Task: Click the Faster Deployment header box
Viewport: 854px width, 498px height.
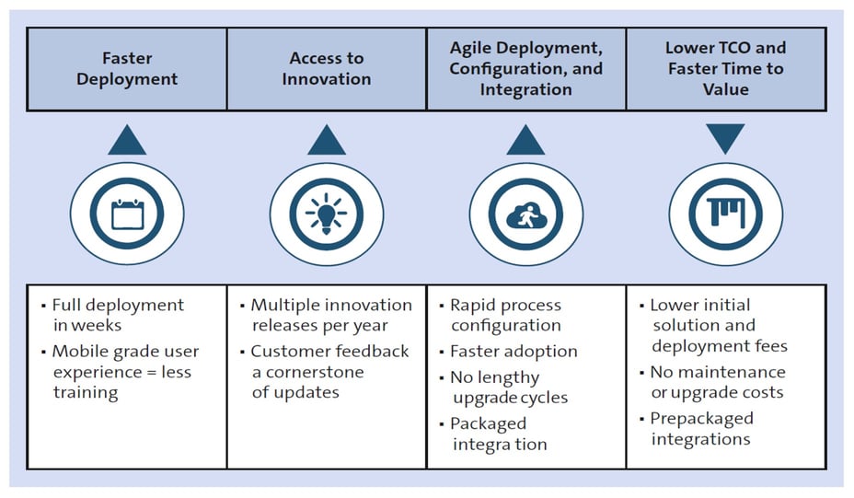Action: [x=126, y=68]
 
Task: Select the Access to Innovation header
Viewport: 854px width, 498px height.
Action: [x=326, y=68]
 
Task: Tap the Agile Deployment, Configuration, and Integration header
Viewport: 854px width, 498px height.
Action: [x=525, y=68]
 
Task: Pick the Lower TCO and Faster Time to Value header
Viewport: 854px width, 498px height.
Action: [x=726, y=68]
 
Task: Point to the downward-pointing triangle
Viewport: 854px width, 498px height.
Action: [x=726, y=139]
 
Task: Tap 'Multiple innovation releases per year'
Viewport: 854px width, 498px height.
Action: [x=330, y=314]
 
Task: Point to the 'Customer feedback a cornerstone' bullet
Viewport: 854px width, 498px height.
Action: [x=329, y=371]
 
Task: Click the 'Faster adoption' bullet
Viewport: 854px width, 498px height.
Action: [x=513, y=351]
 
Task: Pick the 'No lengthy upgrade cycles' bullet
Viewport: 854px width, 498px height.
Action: [x=508, y=387]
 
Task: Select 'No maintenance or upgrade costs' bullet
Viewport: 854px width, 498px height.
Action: [x=717, y=382]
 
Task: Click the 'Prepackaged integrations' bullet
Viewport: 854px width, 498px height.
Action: [x=701, y=428]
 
